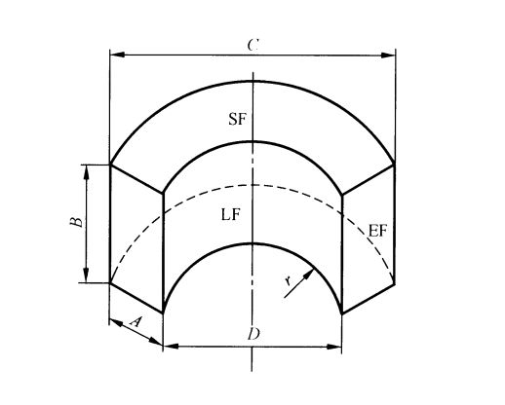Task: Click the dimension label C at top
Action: pyautogui.click(x=252, y=44)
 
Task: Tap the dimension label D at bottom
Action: pyautogui.click(x=252, y=334)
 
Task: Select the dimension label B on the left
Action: pyautogui.click(x=74, y=223)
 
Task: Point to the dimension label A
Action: pyautogui.click(x=136, y=318)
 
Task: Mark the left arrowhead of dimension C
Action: pyautogui.click(x=114, y=55)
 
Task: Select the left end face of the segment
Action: pyautogui.click(x=136, y=239)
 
